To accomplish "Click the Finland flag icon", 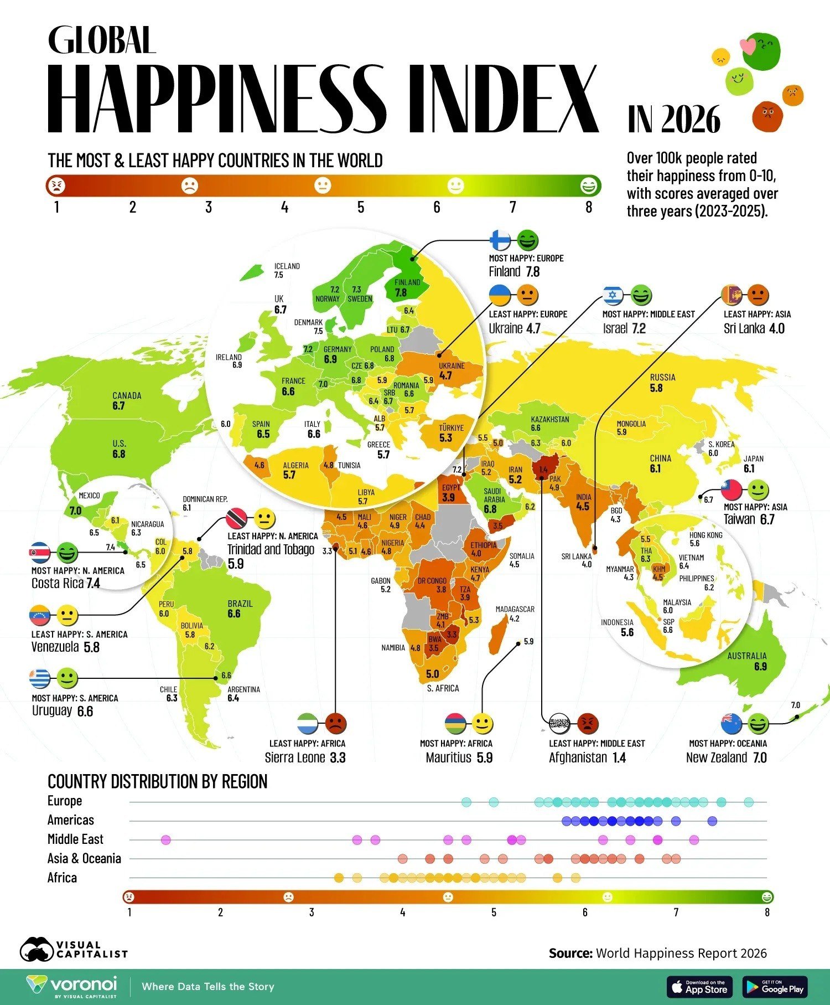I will coord(501,240).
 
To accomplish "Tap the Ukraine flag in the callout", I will coord(500,296).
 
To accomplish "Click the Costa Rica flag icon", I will coord(40,552).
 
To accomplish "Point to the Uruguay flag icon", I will coord(40,678).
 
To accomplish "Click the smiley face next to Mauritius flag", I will coord(483,723).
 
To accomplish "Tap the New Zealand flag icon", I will coord(732,723).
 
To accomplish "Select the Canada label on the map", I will coord(127,395).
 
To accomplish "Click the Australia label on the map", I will coord(747,656).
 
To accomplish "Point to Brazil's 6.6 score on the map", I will coord(234,614).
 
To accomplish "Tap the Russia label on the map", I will coord(662,377).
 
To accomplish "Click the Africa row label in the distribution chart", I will coord(62,878).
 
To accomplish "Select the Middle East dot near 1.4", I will coord(165,841).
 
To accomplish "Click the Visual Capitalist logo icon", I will coord(37,949).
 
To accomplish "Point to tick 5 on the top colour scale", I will coord(361,207).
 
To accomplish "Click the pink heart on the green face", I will coord(748,46).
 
